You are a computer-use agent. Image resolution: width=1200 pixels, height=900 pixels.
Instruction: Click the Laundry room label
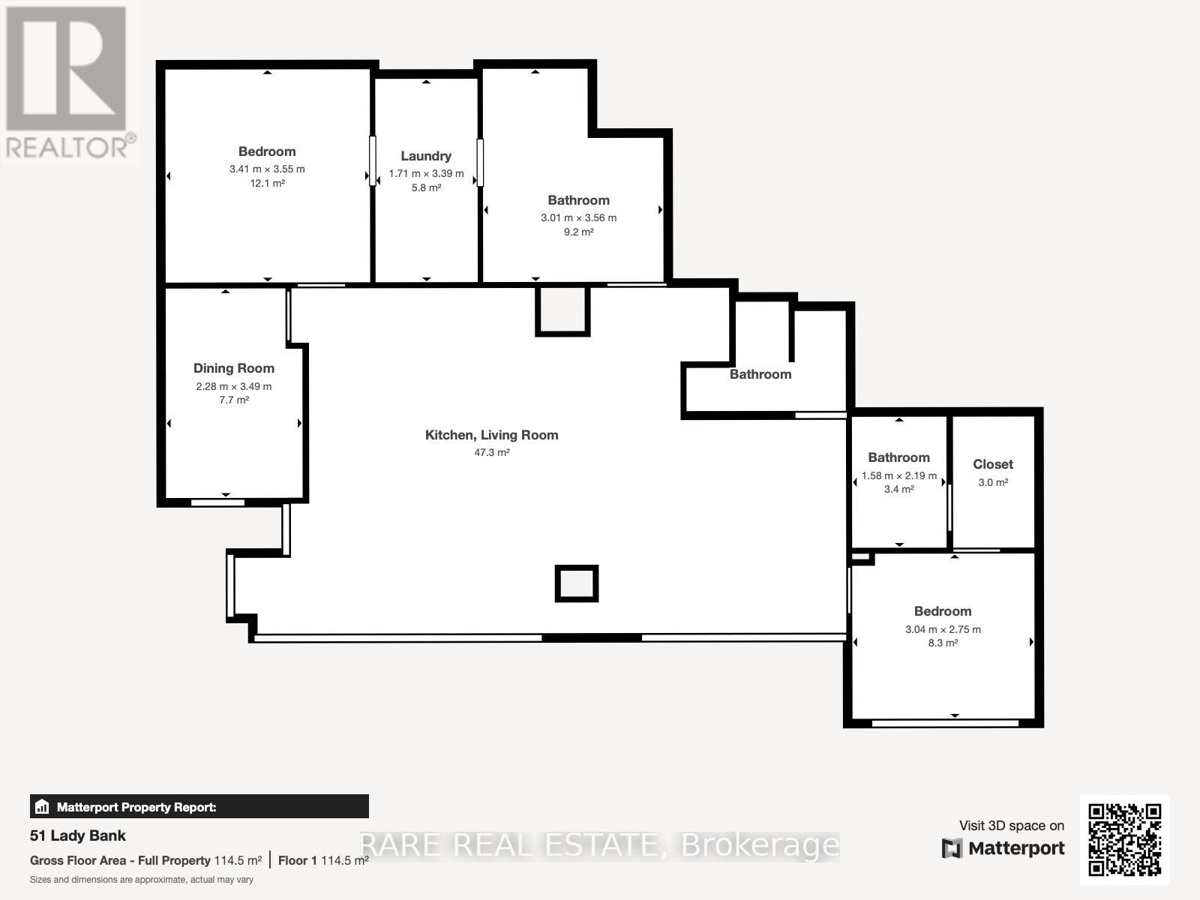point(426,156)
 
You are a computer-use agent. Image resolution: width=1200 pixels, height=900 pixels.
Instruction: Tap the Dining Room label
point(234,368)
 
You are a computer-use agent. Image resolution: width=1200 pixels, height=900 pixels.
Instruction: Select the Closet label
point(993,464)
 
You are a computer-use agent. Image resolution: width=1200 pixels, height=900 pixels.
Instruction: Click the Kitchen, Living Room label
point(491,435)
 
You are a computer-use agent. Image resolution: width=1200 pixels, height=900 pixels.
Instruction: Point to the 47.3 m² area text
point(491,452)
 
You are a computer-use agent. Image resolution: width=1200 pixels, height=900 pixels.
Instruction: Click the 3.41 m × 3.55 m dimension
point(267,169)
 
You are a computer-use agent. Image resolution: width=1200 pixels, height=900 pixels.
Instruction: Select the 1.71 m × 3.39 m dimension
point(426,174)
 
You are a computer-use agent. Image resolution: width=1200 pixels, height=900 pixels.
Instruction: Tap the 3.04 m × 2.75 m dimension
point(943,630)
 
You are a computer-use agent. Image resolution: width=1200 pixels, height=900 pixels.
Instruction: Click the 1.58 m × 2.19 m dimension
point(898,475)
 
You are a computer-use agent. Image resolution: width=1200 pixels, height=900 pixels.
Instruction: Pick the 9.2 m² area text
point(578,232)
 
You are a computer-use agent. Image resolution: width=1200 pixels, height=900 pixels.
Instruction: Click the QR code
point(1124,839)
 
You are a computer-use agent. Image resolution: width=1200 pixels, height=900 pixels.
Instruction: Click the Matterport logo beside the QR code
point(1003,848)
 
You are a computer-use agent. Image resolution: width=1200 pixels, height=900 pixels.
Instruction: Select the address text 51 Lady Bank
point(78,835)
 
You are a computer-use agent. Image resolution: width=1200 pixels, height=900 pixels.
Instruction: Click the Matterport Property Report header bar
point(199,807)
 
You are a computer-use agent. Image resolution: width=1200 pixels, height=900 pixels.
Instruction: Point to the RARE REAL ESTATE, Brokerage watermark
point(599,845)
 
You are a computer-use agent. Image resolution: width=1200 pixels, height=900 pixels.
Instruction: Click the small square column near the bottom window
point(576,583)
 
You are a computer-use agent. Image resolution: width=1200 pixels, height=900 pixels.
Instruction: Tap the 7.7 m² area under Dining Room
point(234,400)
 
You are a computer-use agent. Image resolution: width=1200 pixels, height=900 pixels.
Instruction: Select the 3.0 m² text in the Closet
point(993,482)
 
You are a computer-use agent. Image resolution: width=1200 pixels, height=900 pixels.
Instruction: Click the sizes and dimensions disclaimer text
point(142,880)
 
